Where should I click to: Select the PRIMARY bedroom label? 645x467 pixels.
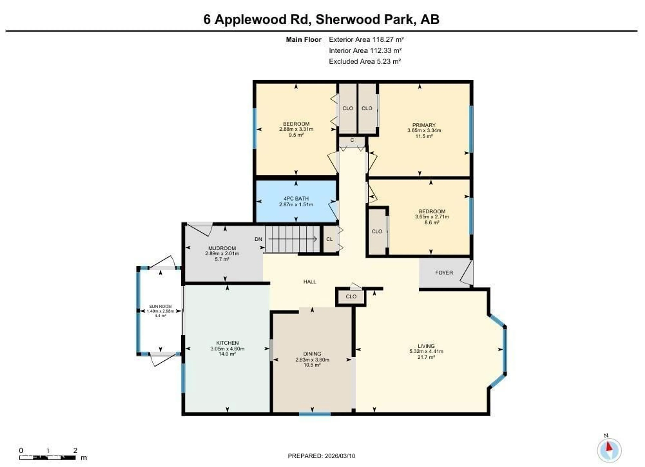click(424, 125)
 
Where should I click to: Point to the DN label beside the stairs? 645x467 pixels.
click(258, 239)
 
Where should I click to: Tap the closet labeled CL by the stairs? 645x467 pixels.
click(329, 239)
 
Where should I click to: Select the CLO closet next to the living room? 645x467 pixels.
click(351, 296)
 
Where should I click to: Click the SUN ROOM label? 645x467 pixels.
click(160, 306)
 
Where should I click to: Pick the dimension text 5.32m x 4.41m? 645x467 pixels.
click(426, 351)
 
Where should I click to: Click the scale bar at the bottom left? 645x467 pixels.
click(48, 458)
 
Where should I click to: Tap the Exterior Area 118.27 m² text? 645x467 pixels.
click(366, 39)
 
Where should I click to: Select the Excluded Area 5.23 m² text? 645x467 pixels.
click(365, 61)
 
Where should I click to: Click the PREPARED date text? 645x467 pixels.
click(321, 456)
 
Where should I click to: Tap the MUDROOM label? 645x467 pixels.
click(222, 248)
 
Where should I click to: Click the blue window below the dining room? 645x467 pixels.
click(315, 414)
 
